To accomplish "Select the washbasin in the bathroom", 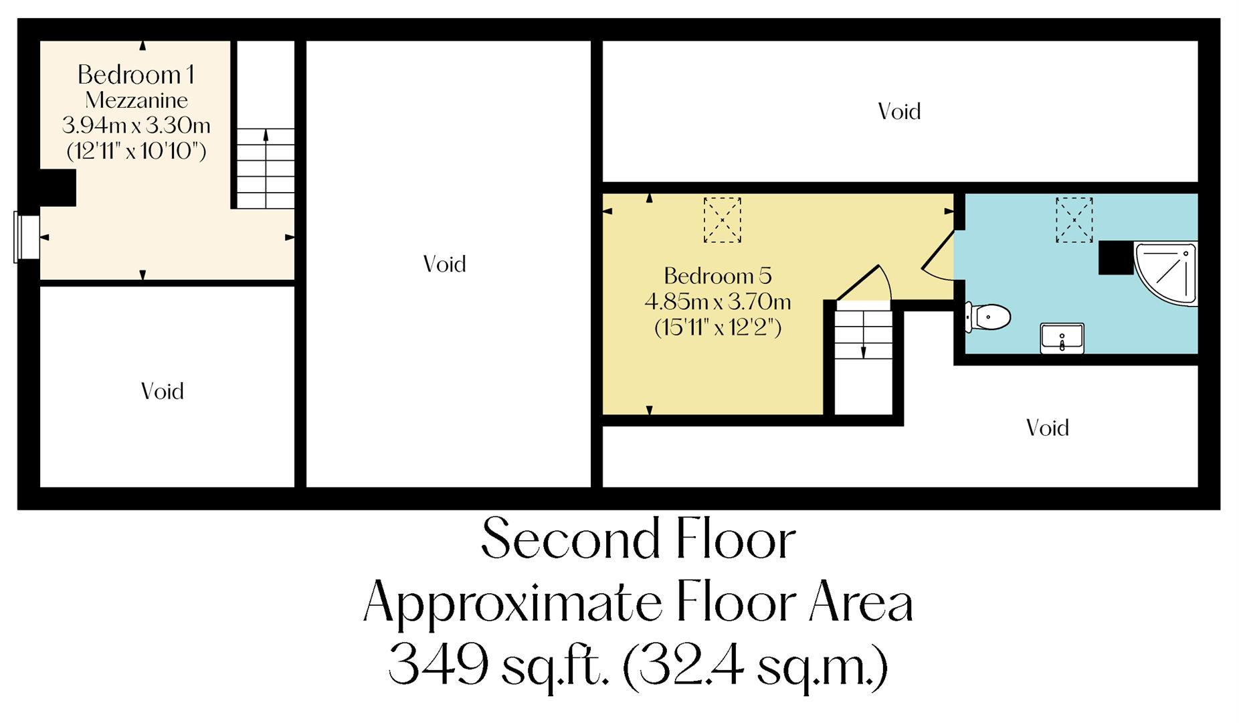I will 1062,338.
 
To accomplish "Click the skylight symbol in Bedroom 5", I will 722,220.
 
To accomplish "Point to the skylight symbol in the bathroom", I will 1074,220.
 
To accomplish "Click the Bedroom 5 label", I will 717,276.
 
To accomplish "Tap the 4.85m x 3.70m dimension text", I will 717,302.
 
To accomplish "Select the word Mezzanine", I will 136,100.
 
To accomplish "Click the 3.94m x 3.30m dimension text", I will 136,125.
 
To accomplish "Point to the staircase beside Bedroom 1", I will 266,167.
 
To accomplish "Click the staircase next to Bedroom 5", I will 863,358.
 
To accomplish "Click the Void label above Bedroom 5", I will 899,111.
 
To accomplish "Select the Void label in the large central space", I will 444,264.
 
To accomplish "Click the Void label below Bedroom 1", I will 162,392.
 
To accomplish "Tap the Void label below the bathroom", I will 1047,428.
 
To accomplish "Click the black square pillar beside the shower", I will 1115,258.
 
